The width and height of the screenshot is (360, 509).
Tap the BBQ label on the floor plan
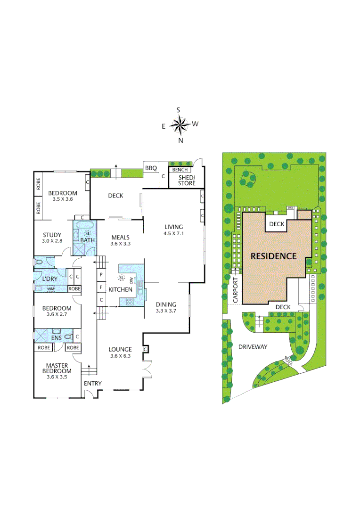coord(151,168)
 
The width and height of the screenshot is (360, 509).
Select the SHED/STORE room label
coord(186,180)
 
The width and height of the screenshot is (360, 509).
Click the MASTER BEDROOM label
coord(57,371)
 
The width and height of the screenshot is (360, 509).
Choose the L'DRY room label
coord(50,279)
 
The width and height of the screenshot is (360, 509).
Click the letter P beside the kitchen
coord(101,274)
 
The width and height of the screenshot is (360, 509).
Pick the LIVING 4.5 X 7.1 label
coord(173,230)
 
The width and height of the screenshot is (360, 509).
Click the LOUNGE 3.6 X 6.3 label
coord(120,352)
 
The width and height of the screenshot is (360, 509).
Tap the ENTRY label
coord(93,383)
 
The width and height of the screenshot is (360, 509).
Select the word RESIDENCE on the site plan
coord(273,256)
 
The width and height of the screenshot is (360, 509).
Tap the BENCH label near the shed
coord(180,170)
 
